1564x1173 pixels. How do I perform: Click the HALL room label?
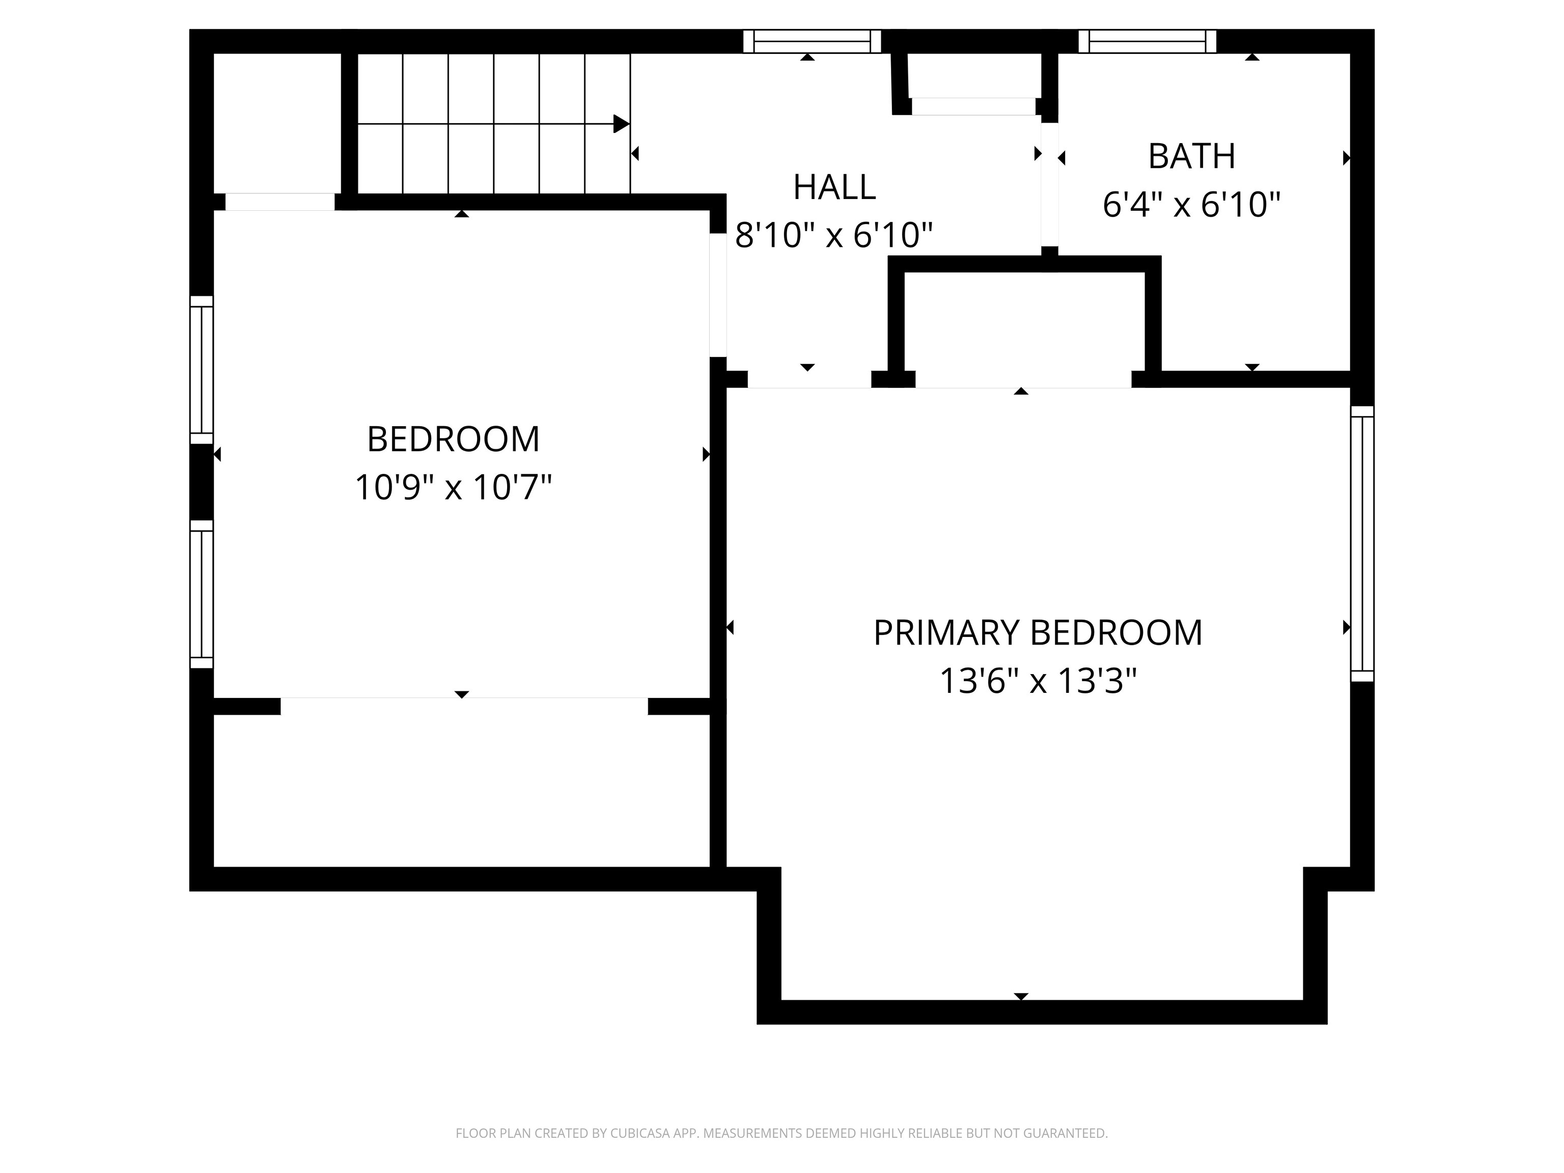click(x=834, y=187)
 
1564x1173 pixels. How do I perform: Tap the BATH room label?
click(x=1191, y=156)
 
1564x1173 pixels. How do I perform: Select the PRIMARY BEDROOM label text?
click(x=1037, y=633)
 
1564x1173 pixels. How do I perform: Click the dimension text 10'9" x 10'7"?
click(x=453, y=487)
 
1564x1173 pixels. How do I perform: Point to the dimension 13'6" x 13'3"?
click(x=1037, y=682)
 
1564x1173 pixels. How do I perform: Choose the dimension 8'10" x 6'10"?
click(x=834, y=235)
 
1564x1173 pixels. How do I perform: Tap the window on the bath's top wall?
click(x=1147, y=41)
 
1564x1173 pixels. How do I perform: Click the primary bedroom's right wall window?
click(x=1362, y=544)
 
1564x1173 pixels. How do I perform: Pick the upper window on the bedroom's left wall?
click(x=202, y=370)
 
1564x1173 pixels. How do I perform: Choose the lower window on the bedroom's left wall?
click(x=202, y=594)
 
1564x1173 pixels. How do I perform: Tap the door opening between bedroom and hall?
click(x=718, y=296)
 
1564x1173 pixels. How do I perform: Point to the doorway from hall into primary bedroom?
click(x=809, y=380)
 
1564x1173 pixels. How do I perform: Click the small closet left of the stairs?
click(x=277, y=123)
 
